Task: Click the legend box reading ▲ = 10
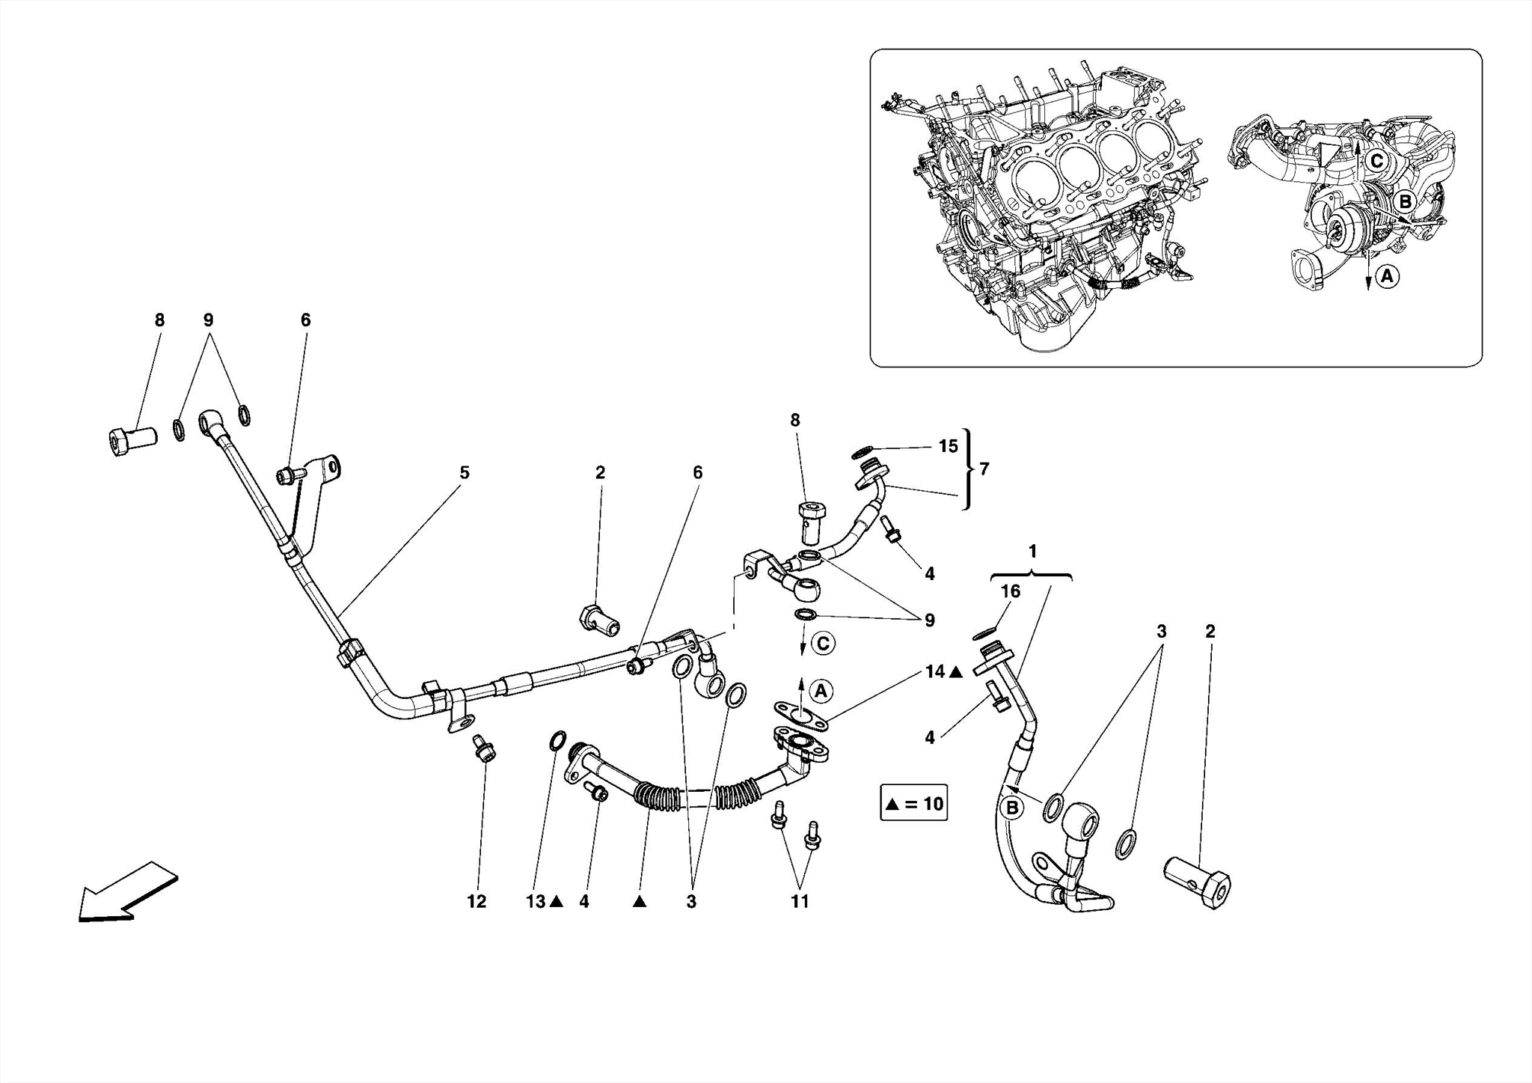[x=913, y=804]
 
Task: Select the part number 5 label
[x=465, y=472]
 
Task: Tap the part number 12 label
[x=477, y=902]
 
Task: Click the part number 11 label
[x=800, y=902]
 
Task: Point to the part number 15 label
[x=948, y=446]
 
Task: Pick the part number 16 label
[x=1010, y=591]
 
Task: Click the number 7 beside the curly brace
[x=984, y=469]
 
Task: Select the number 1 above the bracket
[x=1032, y=552]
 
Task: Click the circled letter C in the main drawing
[x=822, y=643]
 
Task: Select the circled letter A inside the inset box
[x=1387, y=276]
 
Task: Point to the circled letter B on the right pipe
[x=1011, y=808]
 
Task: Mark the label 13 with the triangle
[x=543, y=902]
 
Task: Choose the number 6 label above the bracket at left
[x=305, y=320]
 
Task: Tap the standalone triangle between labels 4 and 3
[x=639, y=902]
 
